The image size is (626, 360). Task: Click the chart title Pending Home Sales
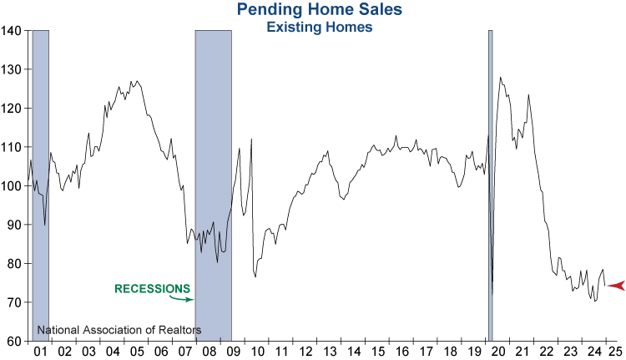[x=307, y=10]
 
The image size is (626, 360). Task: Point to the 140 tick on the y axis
[x=13, y=31]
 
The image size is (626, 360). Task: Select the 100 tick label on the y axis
[x=13, y=185]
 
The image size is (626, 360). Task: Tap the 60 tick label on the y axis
[x=15, y=341]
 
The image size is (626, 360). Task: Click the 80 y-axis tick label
[x=15, y=263]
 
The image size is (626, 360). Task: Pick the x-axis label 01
[x=40, y=351]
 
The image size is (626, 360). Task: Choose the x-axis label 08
[x=214, y=351]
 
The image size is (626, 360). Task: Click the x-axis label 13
[x=331, y=351]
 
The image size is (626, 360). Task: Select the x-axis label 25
[x=613, y=351]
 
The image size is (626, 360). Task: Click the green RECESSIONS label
[x=152, y=289]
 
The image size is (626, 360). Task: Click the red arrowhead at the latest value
[x=616, y=286]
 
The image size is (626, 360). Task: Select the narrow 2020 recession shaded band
[x=490, y=184]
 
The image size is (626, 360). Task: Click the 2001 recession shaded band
[x=40, y=184]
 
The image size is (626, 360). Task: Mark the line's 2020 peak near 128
[x=500, y=78]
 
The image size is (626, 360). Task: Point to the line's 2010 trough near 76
[x=255, y=276]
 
